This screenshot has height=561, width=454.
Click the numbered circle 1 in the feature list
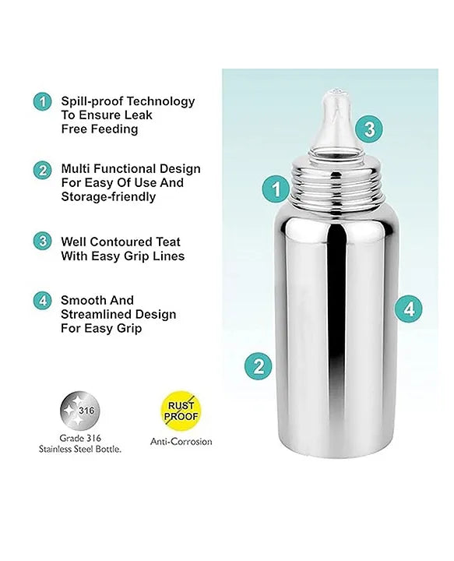click(41, 101)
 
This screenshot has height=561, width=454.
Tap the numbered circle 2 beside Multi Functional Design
click(41, 170)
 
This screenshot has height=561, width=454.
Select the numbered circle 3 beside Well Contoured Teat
click(41, 241)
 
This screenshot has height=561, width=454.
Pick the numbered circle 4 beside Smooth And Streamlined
click(41, 300)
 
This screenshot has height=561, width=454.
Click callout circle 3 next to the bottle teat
click(370, 127)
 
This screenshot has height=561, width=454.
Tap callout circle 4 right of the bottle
click(409, 309)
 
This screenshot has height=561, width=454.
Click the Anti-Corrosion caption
click(181, 442)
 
